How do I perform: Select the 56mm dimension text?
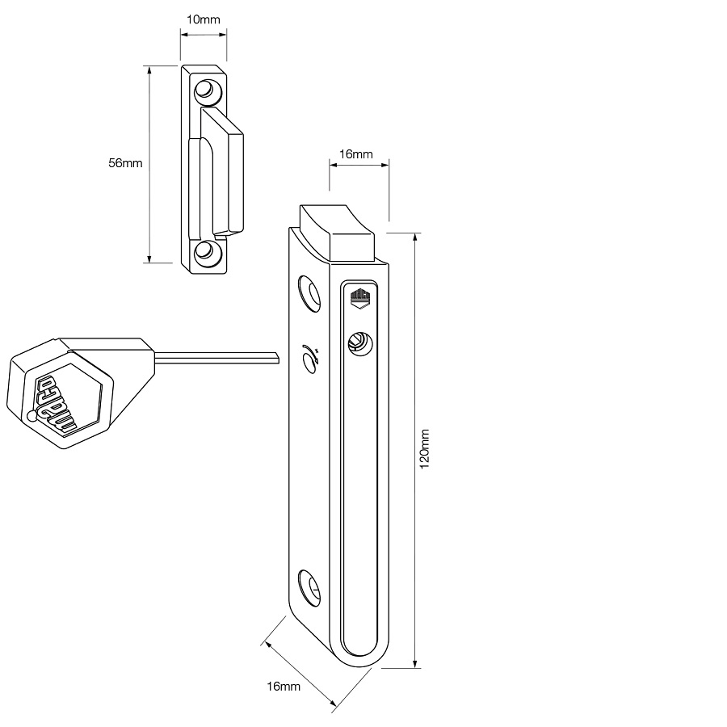pos(125,163)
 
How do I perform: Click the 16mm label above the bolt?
pos(355,154)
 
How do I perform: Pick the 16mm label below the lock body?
pos(283,687)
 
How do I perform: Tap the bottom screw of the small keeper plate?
pos(206,251)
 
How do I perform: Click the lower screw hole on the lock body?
pos(309,586)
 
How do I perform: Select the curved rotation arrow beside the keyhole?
pos(309,358)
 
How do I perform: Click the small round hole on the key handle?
pos(32,417)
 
